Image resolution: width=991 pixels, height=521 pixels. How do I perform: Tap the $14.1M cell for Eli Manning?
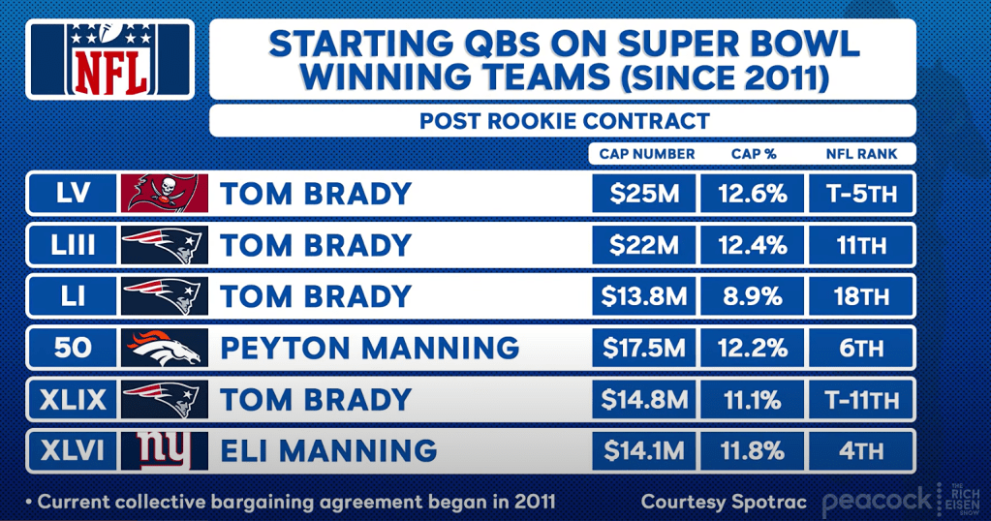pos(644,451)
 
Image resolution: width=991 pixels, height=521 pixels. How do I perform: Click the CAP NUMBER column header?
pos(646,154)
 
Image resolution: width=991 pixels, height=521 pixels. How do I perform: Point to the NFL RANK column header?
pos(861,154)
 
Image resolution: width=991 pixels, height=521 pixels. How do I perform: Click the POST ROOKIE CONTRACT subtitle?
pos(564,121)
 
